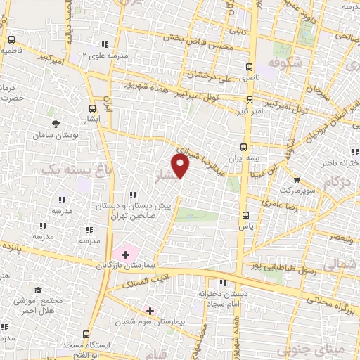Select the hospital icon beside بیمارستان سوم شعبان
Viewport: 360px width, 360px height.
[149, 310]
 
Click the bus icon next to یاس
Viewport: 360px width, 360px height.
[245, 216]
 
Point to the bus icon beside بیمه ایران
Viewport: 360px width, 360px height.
[243, 147]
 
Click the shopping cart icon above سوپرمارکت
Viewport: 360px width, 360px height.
[295, 179]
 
